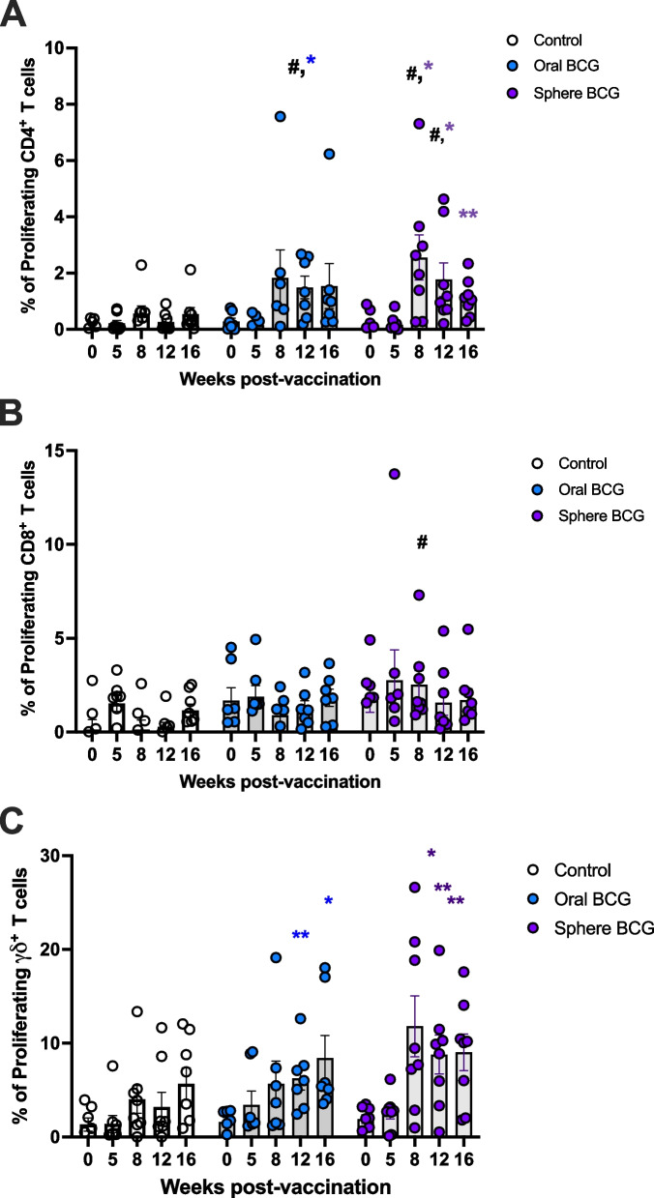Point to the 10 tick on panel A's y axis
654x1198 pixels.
point(59,48)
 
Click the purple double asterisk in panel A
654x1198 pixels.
point(469,215)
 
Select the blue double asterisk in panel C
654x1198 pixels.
point(301,935)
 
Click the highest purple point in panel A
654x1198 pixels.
point(419,124)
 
